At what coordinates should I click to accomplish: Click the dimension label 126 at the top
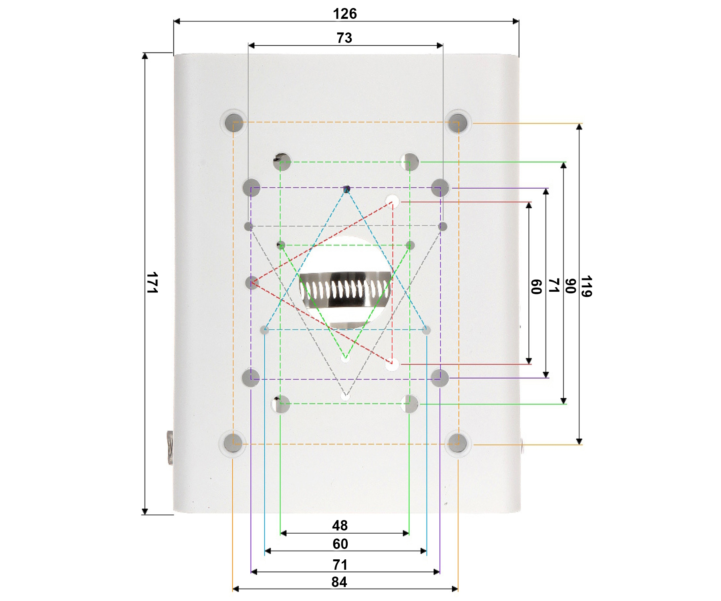coord(345,14)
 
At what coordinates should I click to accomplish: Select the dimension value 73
coord(344,38)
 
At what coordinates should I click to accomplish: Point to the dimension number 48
coord(340,525)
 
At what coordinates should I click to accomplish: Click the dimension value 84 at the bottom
coord(339,582)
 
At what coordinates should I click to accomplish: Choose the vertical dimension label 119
coord(586,286)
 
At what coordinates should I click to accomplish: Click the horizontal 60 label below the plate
coord(340,544)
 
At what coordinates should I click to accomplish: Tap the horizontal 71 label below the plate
coord(340,565)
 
